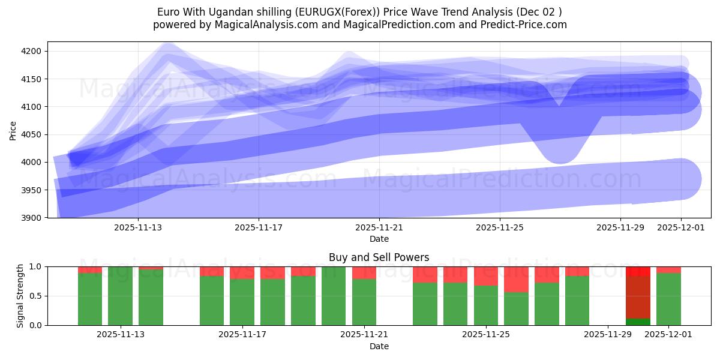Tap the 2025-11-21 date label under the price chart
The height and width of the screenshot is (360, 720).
click(379, 228)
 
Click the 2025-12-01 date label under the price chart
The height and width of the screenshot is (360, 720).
click(681, 228)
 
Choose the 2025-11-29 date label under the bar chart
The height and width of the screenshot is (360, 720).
click(608, 334)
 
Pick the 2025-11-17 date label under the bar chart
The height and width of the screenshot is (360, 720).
click(242, 334)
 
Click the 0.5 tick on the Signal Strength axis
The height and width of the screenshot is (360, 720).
click(35, 296)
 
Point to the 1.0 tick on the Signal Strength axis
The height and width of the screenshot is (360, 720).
click(35, 266)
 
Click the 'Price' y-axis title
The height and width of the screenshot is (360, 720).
click(13, 130)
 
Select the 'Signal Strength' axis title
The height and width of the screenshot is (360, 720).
click(20, 296)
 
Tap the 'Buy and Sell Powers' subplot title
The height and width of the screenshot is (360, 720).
click(379, 257)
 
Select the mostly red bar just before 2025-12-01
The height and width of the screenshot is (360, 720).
click(638, 294)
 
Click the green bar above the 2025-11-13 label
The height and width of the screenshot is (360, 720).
click(120, 296)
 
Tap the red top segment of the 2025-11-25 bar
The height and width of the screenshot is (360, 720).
click(485, 276)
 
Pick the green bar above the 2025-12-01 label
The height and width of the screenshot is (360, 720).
click(668, 299)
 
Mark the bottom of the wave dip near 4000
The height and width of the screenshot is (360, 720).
click(560, 157)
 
